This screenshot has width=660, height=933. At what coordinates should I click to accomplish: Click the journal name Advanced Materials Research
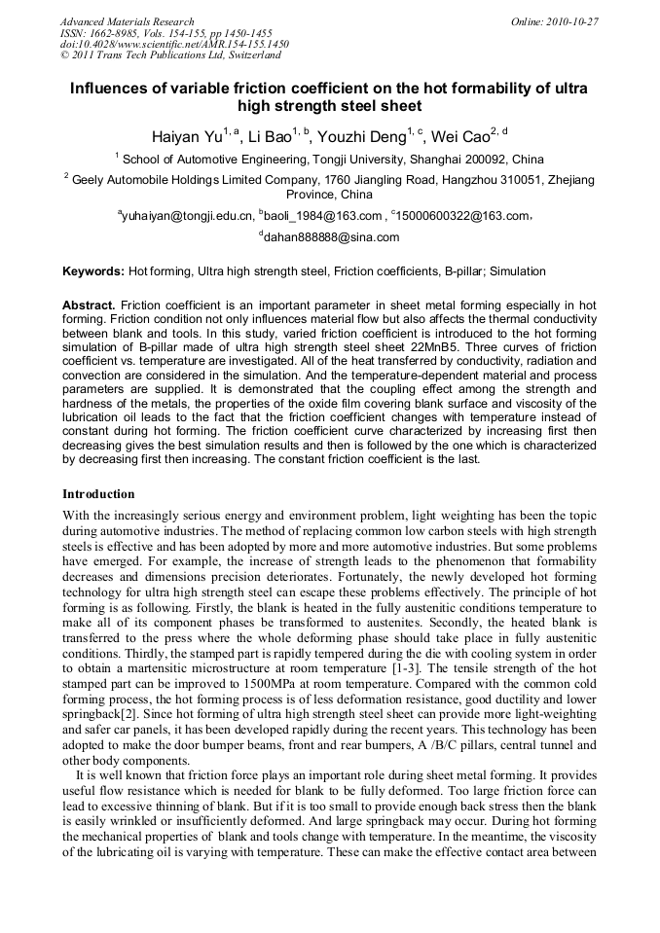pos(127,21)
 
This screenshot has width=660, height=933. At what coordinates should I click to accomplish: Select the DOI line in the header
pos(174,45)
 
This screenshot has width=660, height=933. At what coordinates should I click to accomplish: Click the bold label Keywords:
pos(93,271)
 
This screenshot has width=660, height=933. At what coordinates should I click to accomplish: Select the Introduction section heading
pos(98,494)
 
